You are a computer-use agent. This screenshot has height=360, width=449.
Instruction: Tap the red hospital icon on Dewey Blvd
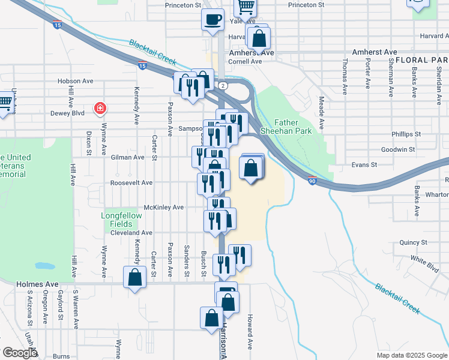(100, 109)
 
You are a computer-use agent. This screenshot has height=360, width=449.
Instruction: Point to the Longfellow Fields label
(121, 220)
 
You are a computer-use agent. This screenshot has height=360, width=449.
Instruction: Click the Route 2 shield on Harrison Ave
(223, 85)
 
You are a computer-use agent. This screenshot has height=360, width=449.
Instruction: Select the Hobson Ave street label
(76, 81)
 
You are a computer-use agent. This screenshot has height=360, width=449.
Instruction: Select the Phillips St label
(406, 134)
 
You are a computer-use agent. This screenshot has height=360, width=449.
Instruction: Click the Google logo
(20, 353)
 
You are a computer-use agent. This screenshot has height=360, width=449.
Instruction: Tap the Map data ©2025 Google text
(411, 355)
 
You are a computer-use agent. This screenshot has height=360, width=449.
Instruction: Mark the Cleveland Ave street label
(131, 232)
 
